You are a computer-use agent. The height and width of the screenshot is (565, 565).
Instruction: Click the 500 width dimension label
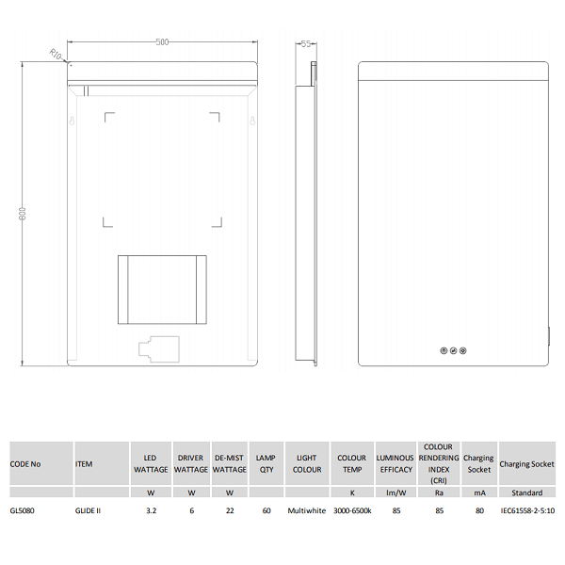point(162,42)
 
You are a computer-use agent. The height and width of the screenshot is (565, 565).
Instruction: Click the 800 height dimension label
point(23,214)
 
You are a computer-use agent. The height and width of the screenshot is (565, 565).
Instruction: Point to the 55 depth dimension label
point(306,44)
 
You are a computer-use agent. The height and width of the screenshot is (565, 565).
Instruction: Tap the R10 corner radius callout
point(56,55)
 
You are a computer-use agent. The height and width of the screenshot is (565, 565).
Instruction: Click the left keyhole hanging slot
point(73,121)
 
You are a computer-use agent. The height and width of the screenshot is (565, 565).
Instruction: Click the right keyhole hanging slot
point(252,121)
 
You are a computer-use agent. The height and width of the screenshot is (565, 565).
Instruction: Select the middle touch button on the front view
point(453,350)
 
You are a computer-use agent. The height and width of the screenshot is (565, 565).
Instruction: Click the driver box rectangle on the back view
point(162,290)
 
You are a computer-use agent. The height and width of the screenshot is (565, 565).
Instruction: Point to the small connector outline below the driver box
point(159,349)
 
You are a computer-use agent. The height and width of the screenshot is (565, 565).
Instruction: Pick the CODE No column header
point(25,464)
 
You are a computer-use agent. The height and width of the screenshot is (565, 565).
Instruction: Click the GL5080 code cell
point(23,510)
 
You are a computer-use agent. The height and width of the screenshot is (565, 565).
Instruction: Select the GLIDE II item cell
point(88,510)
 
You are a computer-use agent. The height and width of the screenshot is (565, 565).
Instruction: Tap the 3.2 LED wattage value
point(152,510)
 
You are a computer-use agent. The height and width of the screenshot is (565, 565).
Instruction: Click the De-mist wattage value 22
point(230,510)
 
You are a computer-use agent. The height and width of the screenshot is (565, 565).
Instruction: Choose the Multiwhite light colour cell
point(307,510)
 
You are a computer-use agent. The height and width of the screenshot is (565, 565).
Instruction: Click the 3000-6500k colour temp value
point(352,510)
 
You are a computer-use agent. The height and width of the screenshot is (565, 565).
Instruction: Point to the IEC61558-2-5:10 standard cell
point(527,510)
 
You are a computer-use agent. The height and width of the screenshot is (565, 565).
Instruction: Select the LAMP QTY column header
point(266,463)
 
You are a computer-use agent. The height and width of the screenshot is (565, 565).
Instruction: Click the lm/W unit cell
point(396,492)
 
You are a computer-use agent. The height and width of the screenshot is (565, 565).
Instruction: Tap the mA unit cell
point(479,492)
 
